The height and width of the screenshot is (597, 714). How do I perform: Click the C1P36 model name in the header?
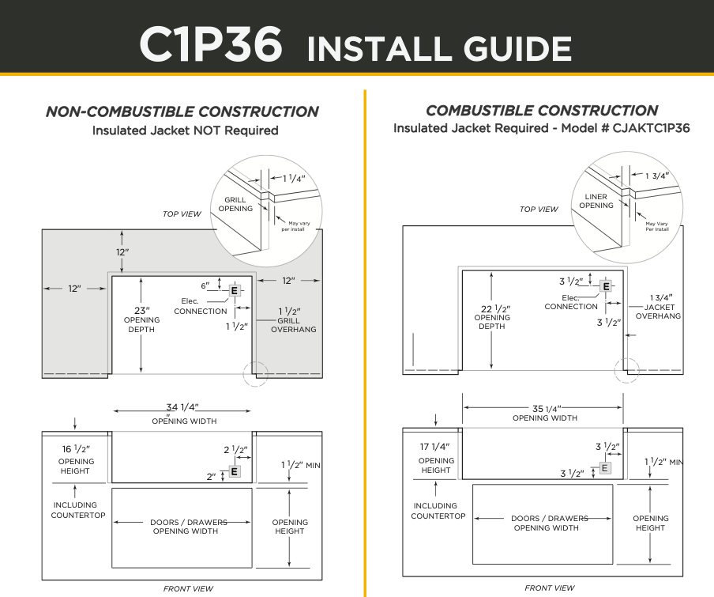point(210,44)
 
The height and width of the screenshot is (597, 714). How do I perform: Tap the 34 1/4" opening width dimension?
point(182,407)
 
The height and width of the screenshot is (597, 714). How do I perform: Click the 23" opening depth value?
point(141,310)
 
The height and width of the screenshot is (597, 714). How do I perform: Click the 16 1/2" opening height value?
point(76,449)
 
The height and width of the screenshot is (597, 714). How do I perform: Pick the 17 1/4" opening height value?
point(436,447)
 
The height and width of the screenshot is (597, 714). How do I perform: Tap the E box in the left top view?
point(234,291)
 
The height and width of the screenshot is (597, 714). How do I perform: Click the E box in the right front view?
point(606,467)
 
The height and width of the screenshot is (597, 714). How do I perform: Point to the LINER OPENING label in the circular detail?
point(596,200)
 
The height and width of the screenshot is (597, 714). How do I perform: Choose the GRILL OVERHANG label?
point(293,325)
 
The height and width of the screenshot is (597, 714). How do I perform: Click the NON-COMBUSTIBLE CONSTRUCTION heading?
point(182,111)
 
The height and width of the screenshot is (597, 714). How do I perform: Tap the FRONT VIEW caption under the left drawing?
point(188,588)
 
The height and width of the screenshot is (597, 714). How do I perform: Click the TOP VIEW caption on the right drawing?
point(539,210)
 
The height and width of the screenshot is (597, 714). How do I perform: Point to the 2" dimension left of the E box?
point(211,477)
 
